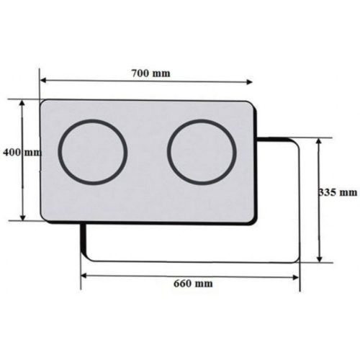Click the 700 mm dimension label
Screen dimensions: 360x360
(151, 73)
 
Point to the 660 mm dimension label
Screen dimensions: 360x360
(193, 284)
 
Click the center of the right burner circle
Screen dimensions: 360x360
(202, 153)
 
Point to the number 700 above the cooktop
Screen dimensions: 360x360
(142, 73)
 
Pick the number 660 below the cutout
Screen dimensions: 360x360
(184, 284)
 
